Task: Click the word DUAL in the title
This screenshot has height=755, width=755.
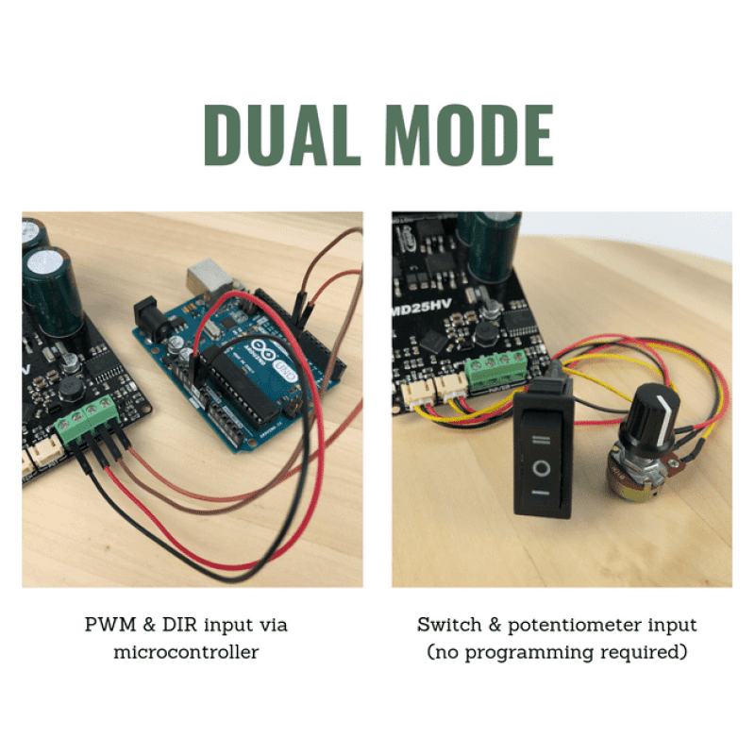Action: [282, 135]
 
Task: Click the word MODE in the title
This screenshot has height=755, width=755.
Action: [469, 135]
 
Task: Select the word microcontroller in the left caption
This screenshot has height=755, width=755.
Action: [186, 652]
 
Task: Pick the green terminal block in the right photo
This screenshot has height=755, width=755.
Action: [496, 369]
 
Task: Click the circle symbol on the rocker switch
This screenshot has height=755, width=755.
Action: [541, 468]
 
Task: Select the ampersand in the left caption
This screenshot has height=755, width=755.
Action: [149, 625]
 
